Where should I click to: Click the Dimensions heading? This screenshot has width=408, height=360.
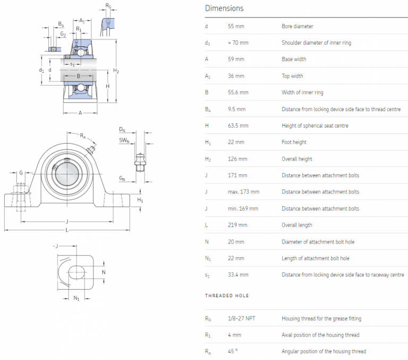(x=224, y=8)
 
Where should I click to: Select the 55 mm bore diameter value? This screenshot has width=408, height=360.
(x=236, y=26)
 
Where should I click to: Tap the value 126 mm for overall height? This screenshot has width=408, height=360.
(x=237, y=159)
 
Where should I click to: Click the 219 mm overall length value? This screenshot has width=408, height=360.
(x=237, y=225)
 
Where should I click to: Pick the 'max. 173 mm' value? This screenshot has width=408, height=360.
(x=244, y=192)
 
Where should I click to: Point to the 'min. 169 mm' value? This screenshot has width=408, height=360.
(x=243, y=208)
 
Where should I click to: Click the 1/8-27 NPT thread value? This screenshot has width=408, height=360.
(x=242, y=319)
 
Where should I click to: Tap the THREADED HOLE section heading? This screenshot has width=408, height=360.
(x=227, y=296)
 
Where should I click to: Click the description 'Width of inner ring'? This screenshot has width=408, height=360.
(x=302, y=93)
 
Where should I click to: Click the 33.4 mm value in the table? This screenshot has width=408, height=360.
(x=238, y=275)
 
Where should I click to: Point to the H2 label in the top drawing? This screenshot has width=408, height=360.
(x=116, y=71)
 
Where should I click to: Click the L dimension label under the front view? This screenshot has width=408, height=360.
(x=67, y=230)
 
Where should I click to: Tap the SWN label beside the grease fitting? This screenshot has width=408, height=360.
(x=124, y=140)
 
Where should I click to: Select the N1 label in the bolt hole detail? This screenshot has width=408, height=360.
(x=76, y=298)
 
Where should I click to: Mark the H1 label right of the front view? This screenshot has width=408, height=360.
(x=140, y=200)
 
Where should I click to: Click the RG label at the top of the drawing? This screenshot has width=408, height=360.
(x=108, y=6)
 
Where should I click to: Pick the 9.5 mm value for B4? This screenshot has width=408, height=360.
(x=236, y=109)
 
